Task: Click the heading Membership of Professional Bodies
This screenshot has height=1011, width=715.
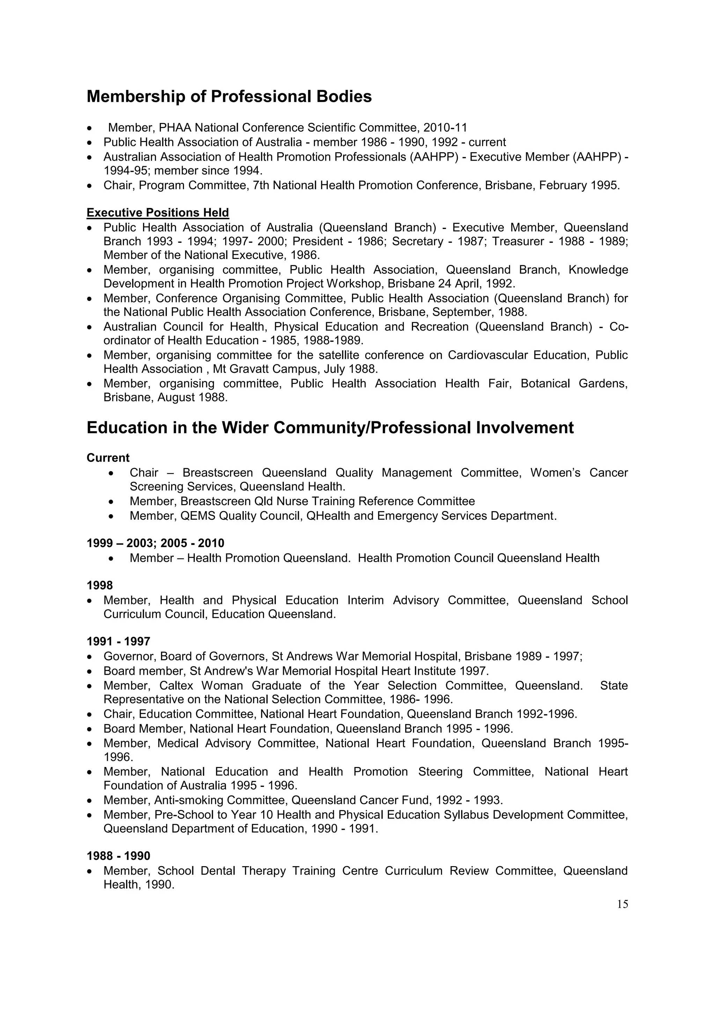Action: pyautogui.click(x=229, y=96)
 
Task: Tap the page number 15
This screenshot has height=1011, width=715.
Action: pyautogui.click(x=622, y=905)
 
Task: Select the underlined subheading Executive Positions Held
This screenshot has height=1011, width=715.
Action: pyautogui.click(x=157, y=213)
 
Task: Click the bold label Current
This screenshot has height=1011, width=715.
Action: pyautogui.click(x=108, y=458)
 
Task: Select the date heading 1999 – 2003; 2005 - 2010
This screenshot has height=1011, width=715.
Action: pyautogui.click(x=155, y=543)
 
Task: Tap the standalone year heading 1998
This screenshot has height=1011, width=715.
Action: pyautogui.click(x=99, y=586)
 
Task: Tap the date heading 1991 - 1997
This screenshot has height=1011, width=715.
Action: pyautogui.click(x=118, y=642)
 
